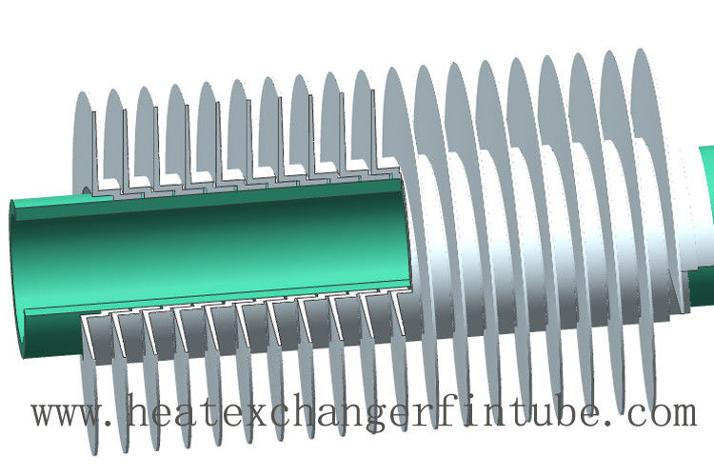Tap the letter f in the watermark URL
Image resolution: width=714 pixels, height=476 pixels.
click(488, 414)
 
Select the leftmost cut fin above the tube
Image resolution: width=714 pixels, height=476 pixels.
click(84, 143)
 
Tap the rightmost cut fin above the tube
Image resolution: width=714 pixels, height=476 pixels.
click(364, 124)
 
